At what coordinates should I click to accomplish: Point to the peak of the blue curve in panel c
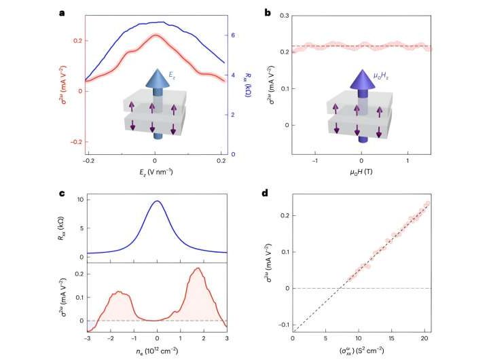tap(158, 201)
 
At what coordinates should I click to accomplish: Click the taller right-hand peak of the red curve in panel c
tap(198, 268)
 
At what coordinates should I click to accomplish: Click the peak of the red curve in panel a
tap(155, 35)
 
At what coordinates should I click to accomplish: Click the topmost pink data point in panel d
tap(427, 204)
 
